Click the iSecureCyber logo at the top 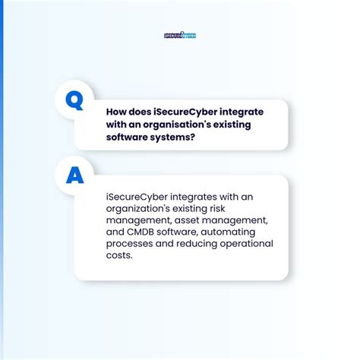[x=180, y=35]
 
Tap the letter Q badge [x=74, y=100]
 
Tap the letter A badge [x=74, y=175]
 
